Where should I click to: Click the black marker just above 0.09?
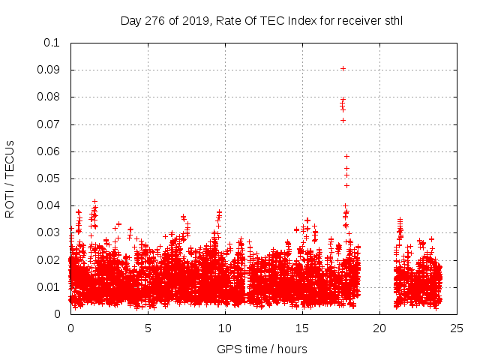click(x=343, y=68)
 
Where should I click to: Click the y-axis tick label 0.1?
click(x=52, y=43)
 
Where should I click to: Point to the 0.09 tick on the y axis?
click(x=49, y=70)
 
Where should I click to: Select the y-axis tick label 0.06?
click(x=49, y=151)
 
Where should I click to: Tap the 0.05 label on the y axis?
click(x=49, y=178)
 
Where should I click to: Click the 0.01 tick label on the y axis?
click(x=49, y=287)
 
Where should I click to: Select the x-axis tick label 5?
click(x=148, y=328)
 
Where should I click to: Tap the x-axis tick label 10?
click(x=225, y=328)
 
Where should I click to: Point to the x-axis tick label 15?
click(x=302, y=328)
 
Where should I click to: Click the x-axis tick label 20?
click(x=379, y=328)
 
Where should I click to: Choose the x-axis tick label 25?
click(x=457, y=328)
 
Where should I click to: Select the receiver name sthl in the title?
click(x=392, y=20)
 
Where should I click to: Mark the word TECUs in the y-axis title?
click(x=10, y=159)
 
